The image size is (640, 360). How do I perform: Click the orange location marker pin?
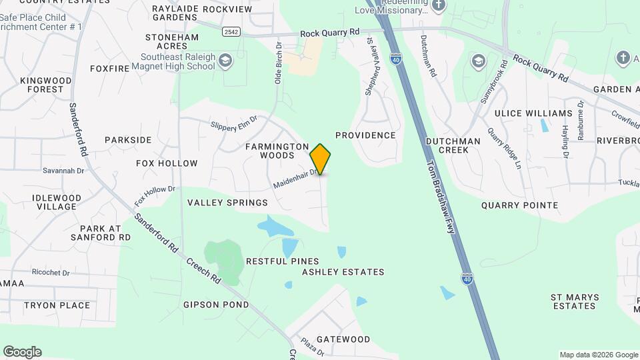coord(321,159)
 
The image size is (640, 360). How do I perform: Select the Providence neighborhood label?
coord(365,135)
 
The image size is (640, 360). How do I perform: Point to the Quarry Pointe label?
coord(519,205)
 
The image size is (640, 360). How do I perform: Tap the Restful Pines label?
coord(283,261)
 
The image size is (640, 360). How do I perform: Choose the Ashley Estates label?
coord(343,272)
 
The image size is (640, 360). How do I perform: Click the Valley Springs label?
coord(227,203)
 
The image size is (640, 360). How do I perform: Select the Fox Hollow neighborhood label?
coord(167,163)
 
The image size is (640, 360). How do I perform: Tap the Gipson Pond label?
coord(216,305)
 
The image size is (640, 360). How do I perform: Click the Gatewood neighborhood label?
coord(343,339)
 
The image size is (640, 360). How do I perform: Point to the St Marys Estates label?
coord(574,301)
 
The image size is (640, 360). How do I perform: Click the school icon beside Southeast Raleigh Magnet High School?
coord(226,62)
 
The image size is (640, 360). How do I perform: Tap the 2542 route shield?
coord(231,32)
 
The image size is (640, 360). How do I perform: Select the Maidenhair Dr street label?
coord(294,179)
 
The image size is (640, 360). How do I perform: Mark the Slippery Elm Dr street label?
coord(233,124)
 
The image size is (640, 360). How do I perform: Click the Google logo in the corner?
coord(22,352)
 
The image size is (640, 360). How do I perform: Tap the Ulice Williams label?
coord(543,113)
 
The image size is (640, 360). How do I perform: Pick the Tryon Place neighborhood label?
coord(57,305)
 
